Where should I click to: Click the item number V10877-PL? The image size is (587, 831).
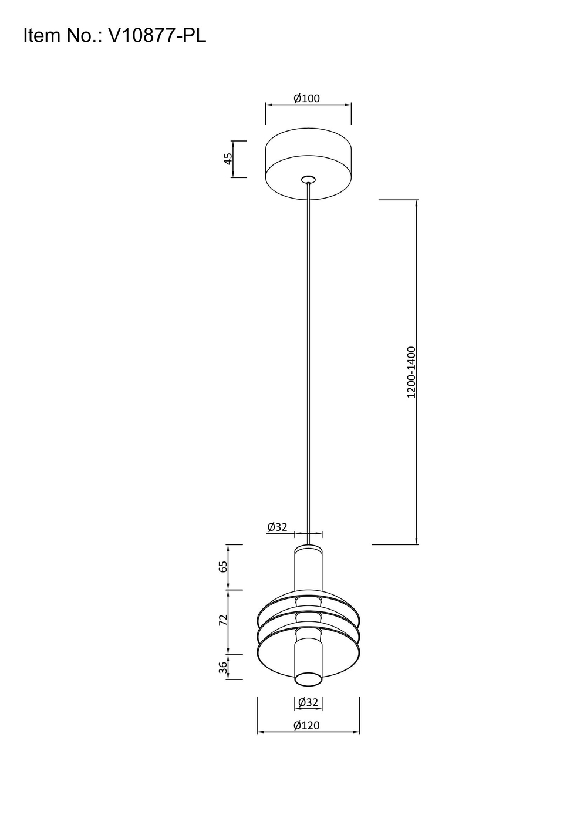click(x=157, y=36)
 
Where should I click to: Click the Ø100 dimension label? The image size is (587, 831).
click(x=307, y=98)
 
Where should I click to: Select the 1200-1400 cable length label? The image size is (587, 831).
click(x=411, y=372)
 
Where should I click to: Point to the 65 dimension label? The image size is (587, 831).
click(x=222, y=567)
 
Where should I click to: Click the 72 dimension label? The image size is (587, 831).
click(x=222, y=620)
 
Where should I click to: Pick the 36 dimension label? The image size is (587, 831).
click(x=222, y=667)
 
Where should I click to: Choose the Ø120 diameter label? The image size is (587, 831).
click(x=306, y=725)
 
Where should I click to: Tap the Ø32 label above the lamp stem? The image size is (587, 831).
click(x=277, y=527)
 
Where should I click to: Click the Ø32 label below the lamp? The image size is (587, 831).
click(x=308, y=702)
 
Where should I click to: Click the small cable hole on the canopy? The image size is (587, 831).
click(x=308, y=179)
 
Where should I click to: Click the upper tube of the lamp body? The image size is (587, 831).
click(x=308, y=567)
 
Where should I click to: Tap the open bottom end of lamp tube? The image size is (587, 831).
click(x=308, y=679)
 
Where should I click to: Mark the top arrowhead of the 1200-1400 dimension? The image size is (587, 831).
click(x=417, y=203)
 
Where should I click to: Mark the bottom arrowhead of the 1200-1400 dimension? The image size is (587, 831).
click(x=417, y=541)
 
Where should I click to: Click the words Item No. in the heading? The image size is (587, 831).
click(x=62, y=36)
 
